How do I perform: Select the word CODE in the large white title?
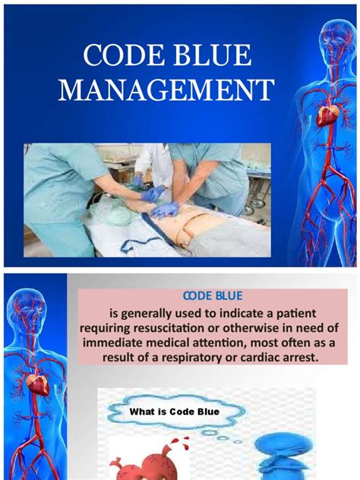125,54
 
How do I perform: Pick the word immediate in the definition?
116,342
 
